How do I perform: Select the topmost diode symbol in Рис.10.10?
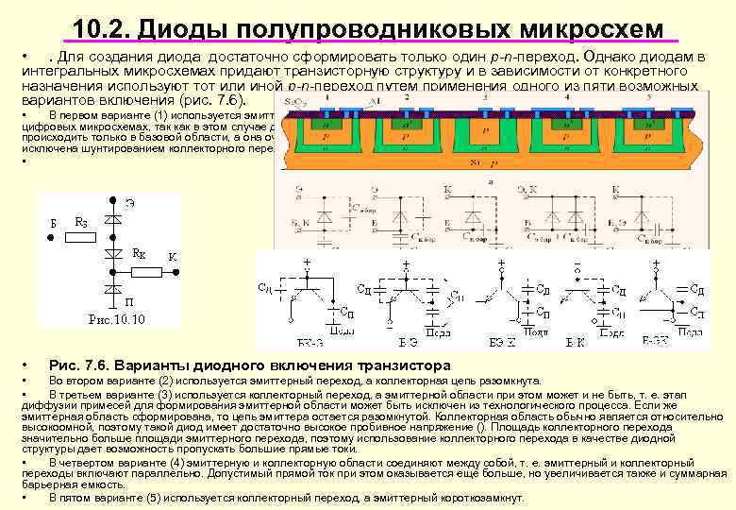point(114,217)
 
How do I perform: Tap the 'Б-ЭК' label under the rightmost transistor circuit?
point(657,339)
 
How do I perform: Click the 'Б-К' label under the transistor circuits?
point(576,341)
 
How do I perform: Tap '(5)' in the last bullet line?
point(152,497)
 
